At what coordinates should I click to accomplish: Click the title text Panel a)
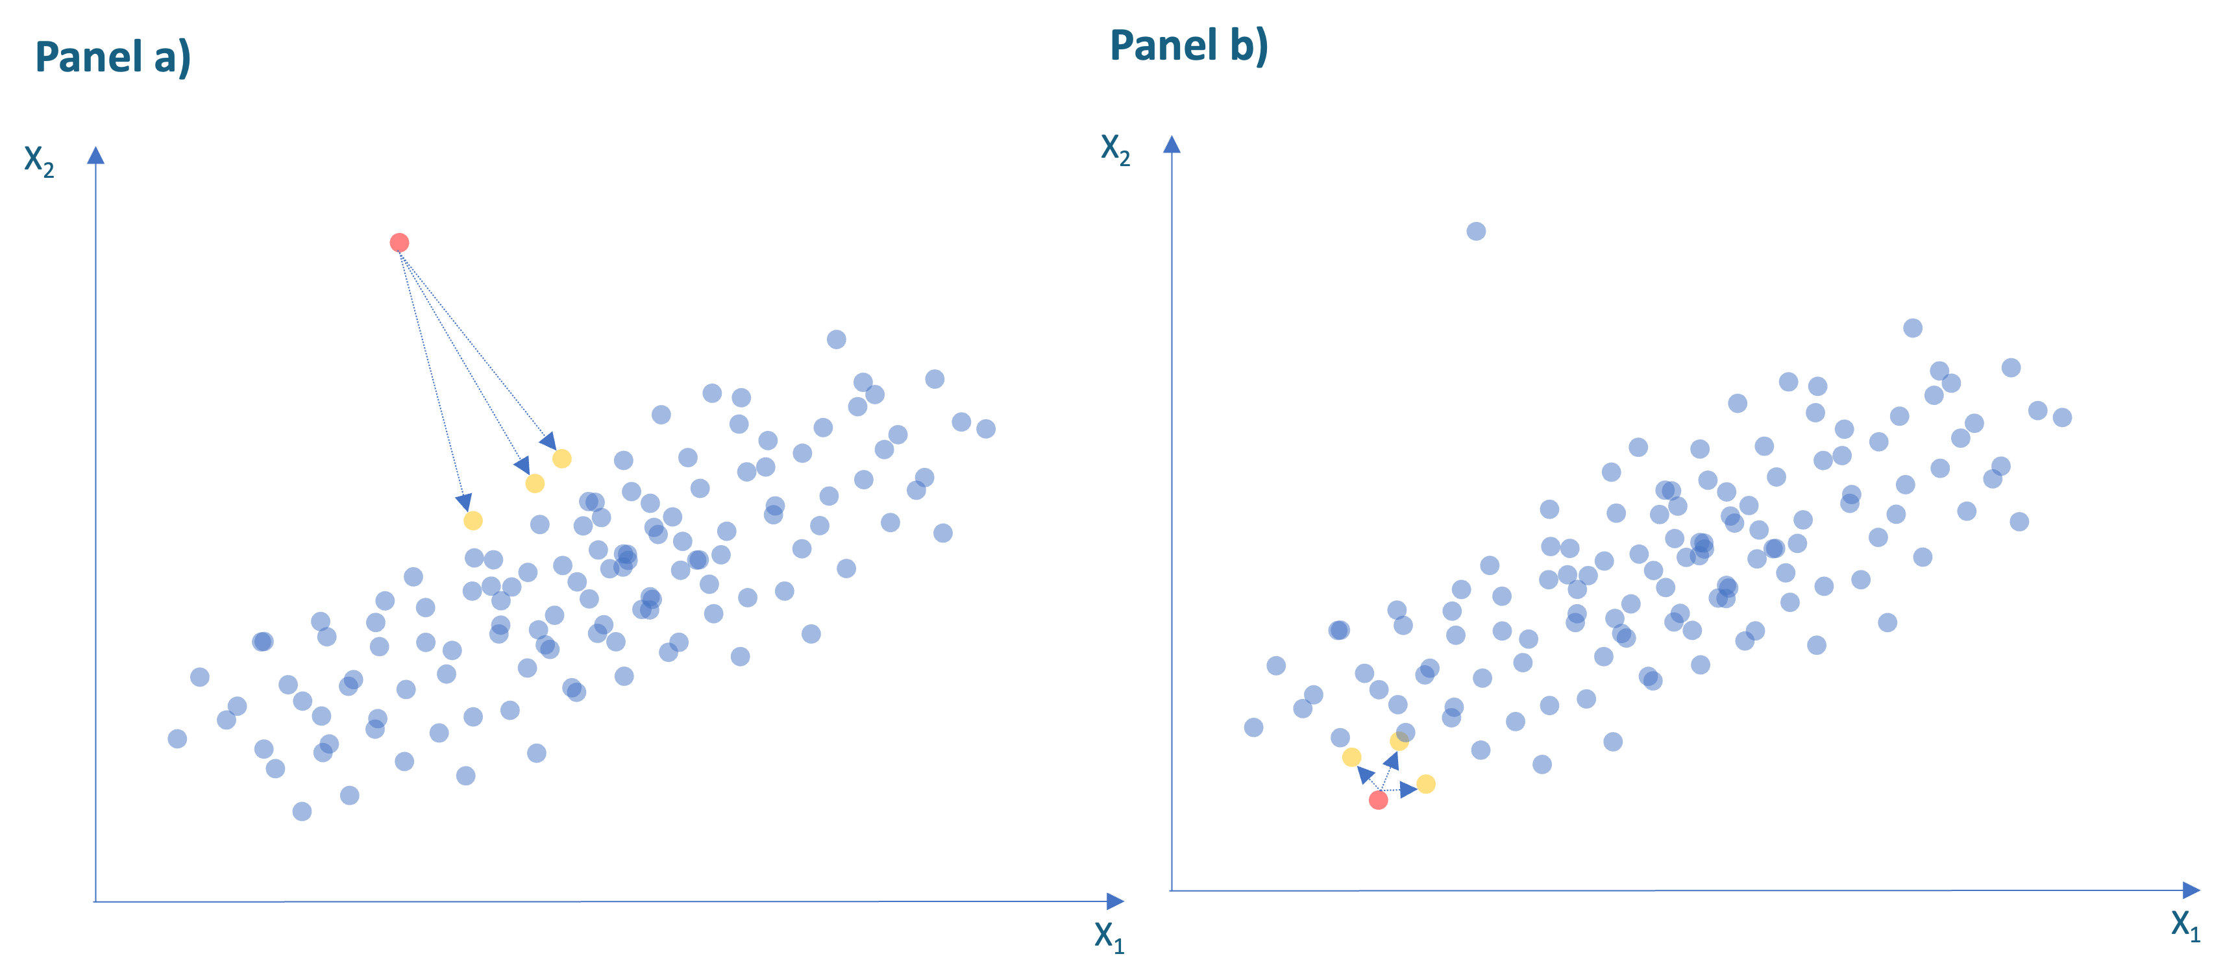[112, 58]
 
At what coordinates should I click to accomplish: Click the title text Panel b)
[1188, 46]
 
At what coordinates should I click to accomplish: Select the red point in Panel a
[399, 243]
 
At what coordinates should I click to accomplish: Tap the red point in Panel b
[1379, 800]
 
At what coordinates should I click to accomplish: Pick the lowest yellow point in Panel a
[473, 520]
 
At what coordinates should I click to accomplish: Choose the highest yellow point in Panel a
[561, 459]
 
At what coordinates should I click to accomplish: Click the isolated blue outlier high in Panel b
[1476, 232]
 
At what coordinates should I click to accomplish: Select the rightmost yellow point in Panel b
[1426, 783]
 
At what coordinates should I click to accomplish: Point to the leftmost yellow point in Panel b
[1352, 757]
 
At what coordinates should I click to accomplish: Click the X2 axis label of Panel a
[39, 161]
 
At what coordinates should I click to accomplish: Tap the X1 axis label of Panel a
[1109, 936]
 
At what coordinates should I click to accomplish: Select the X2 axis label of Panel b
[1115, 149]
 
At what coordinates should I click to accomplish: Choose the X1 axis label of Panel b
[2185, 925]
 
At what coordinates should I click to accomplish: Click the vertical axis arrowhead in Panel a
[96, 156]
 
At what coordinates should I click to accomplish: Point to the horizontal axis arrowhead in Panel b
[2191, 890]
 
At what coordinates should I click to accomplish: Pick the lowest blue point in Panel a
[301, 811]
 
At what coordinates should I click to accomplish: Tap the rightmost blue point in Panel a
[985, 428]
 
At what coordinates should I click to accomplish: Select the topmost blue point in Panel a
[836, 339]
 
